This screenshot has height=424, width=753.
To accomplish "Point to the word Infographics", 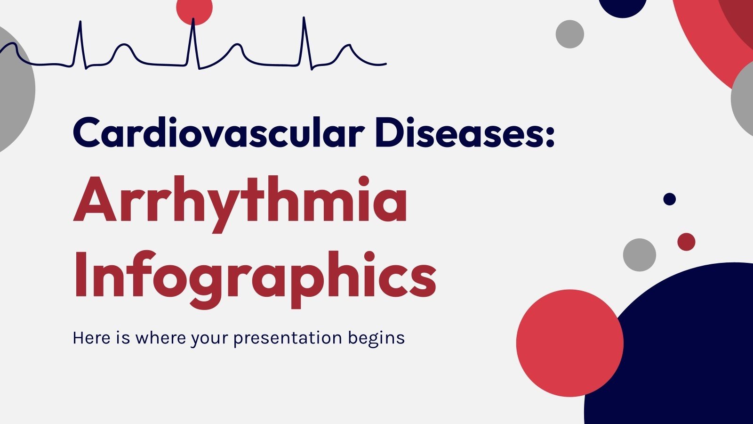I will point(254,276).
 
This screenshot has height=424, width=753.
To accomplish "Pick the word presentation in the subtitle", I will point(288,338).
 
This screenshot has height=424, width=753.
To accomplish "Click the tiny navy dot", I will point(669,199).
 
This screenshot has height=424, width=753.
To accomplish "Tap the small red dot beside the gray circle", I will point(686,242).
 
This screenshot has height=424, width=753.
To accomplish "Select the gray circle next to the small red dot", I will point(639,255).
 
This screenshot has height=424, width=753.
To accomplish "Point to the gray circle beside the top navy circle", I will point(569,34).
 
